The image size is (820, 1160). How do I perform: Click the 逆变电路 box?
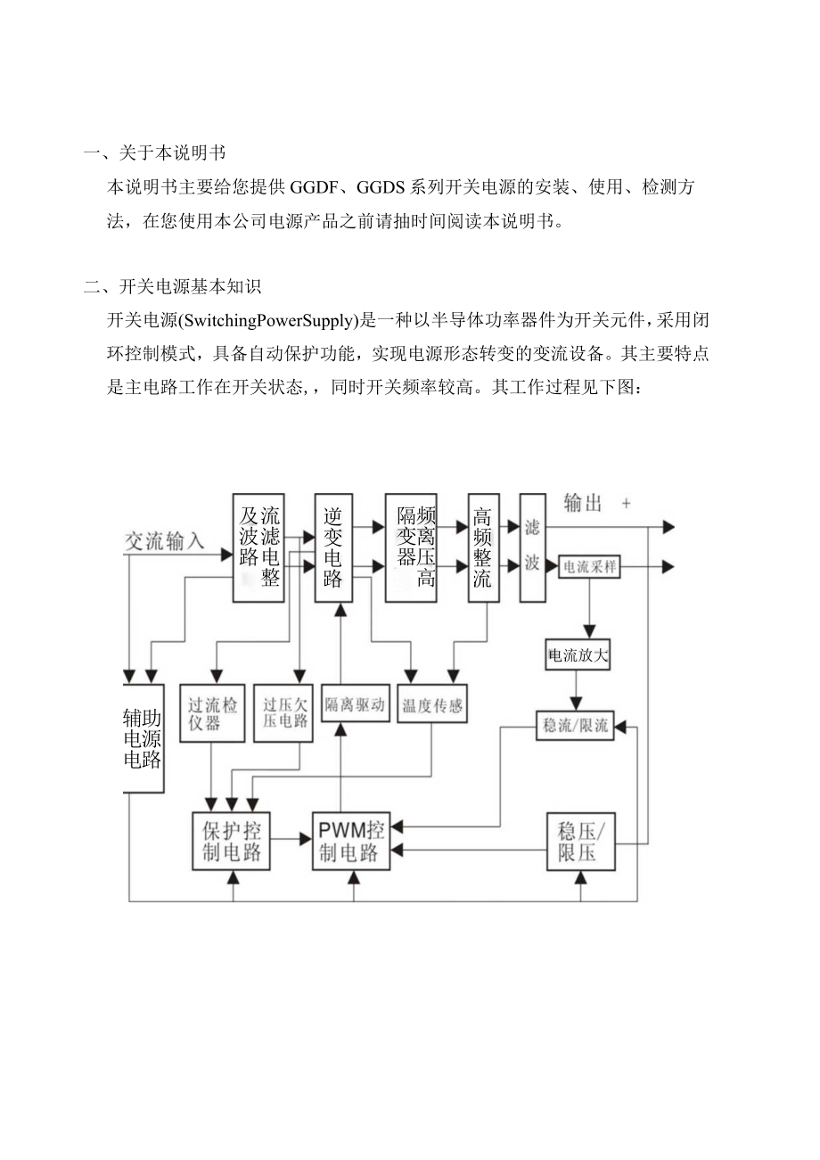click(333, 547)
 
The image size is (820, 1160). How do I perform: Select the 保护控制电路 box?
click(232, 841)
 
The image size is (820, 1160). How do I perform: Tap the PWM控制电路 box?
click(350, 842)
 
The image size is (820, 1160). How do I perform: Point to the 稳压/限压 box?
click(580, 842)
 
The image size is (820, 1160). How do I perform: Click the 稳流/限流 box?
click(575, 726)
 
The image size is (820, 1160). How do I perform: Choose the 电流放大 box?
click(578, 656)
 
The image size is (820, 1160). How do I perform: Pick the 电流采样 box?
click(588, 567)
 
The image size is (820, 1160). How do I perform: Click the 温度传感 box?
click(432, 705)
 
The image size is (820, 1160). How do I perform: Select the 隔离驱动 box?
click(355, 704)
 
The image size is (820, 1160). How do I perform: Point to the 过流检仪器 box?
click(212, 712)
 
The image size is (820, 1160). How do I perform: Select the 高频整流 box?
click(483, 547)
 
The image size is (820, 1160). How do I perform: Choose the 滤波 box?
click(532, 547)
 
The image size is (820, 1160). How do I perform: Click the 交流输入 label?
click(164, 540)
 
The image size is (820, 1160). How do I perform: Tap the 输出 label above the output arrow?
click(583, 504)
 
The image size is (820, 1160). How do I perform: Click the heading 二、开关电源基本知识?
click(172, 287)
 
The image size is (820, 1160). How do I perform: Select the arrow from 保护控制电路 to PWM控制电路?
click(291, 839)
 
